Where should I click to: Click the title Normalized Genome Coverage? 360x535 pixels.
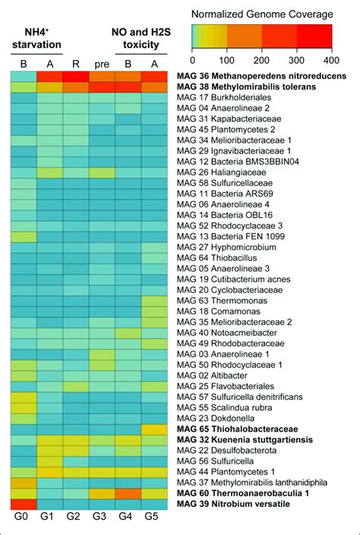coord(262,14)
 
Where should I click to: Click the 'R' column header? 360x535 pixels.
coord(74,64)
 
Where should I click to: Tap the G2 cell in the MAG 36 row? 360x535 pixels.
coord(74,77)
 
